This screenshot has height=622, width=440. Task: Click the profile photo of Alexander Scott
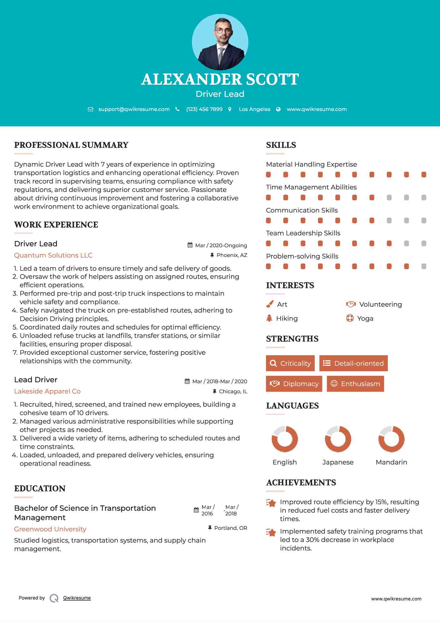pos(220,42)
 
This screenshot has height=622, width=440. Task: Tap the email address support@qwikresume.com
pos(134,109)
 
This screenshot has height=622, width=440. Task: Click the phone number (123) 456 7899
pos(204,109)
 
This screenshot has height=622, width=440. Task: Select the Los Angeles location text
pos(254,109)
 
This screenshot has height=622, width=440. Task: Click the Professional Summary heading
pos(71,145)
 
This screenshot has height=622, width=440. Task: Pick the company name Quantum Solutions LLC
pos(53,255)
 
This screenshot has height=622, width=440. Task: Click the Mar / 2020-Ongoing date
pos(221,245)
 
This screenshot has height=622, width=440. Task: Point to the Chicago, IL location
pos(233,391)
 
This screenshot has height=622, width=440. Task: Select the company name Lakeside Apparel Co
pos(47,391)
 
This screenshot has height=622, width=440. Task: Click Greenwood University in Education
pos(50,529)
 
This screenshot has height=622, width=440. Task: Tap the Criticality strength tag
pos(290,363)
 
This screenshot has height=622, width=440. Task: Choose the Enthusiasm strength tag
pos(355,384)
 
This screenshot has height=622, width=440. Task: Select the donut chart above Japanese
pos(338,439)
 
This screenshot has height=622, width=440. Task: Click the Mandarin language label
pos(391,462)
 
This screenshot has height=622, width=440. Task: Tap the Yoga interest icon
pos(350,318)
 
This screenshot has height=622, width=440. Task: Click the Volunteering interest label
pos(380,304)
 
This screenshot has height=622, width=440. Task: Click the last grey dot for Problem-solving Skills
pos(424,266)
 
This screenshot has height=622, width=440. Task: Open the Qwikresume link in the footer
pos(77,598)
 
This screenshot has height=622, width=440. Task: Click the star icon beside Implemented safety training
pos(271,532)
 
